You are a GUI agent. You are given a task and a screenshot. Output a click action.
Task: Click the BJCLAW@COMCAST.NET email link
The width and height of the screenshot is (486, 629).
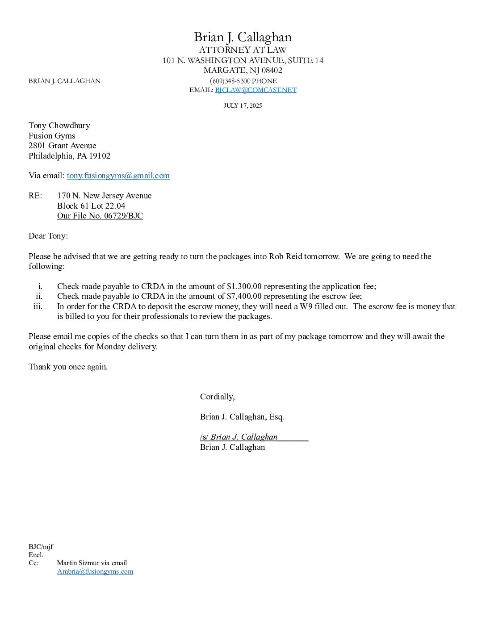[x=256, y=90]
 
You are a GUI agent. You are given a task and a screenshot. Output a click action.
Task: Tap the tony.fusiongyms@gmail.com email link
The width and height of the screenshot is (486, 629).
[x=118, y=176]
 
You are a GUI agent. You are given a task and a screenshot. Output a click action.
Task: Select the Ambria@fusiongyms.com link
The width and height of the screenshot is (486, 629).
[x=95, y=571]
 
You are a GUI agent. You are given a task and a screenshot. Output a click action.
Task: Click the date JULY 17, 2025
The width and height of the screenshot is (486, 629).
[x=243, y=106]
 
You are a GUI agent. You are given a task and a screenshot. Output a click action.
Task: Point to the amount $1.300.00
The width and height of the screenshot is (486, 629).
[x=244, y=286]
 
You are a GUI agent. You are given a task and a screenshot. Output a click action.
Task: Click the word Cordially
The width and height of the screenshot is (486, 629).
[x=217, y=397]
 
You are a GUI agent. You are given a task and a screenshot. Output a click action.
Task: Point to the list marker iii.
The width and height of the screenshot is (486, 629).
[x=38, y=306]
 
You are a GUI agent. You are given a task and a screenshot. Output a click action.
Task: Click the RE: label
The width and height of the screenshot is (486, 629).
[x=35, y=196]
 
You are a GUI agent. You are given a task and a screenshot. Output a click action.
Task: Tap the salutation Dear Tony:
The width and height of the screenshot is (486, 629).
[x=48, y=236]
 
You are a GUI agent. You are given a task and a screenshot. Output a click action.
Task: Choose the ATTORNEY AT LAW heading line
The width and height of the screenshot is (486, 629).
[x=243, y=50]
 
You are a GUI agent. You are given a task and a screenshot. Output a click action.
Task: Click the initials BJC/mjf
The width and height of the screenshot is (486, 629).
[x=41, y=547]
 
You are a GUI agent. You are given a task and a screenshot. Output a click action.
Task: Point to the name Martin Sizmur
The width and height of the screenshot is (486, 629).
[x=78, y=563]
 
